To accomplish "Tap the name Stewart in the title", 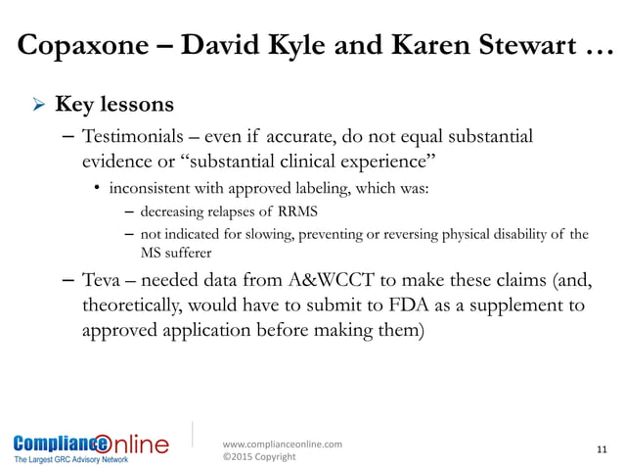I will click(x=511, y=48).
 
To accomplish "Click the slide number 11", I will click(x=601, y=449).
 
